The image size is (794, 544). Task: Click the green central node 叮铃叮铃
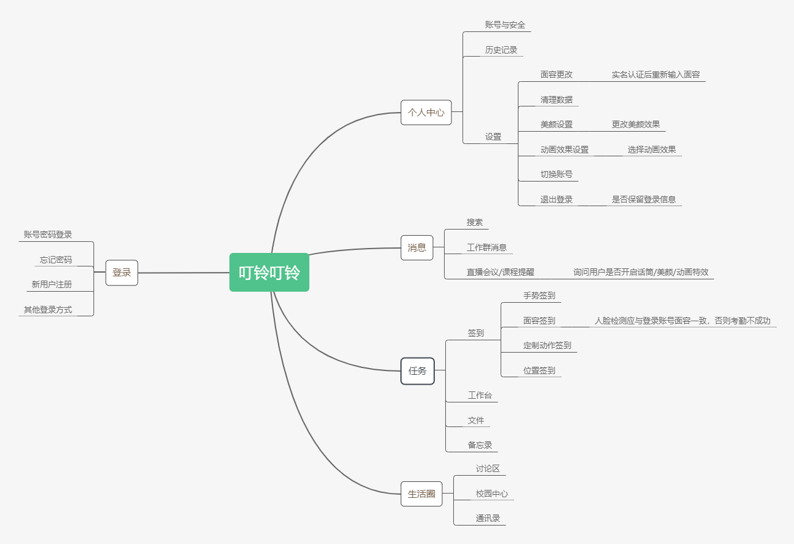click(x=269, y=272)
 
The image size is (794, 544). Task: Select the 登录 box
click(x=122, y=272)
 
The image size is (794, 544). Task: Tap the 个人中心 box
click(x=426, y=113)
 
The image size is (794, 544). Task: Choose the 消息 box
click(x=417, y=247)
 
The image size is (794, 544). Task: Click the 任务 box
click(x=417, y=371)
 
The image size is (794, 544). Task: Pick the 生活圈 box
click(x=421, y=494)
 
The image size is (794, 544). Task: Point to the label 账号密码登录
click(x=48, y=234)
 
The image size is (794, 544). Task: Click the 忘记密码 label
click(x=56, y=260)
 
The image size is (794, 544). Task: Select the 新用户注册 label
click(x=52, y=284)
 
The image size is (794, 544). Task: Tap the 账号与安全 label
click(x=505, y=25)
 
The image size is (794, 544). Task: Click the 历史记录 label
click(x=501, y=50)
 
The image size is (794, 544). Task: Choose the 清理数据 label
click(x=557, y=100)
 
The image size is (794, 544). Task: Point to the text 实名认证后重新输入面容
click(x=656, y=74)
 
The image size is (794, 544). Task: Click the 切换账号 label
click(x=557, y=174)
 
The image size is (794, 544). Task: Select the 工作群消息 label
click(x=486, y=247)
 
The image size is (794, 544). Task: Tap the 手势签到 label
click(x=539, y=295)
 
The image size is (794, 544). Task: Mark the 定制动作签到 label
click(x=547, y=345)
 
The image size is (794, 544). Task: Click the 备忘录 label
click(x=480, y=445)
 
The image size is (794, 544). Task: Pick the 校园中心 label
click(x=492, y=494)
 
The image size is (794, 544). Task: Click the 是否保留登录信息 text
click(x=643, y=199)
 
